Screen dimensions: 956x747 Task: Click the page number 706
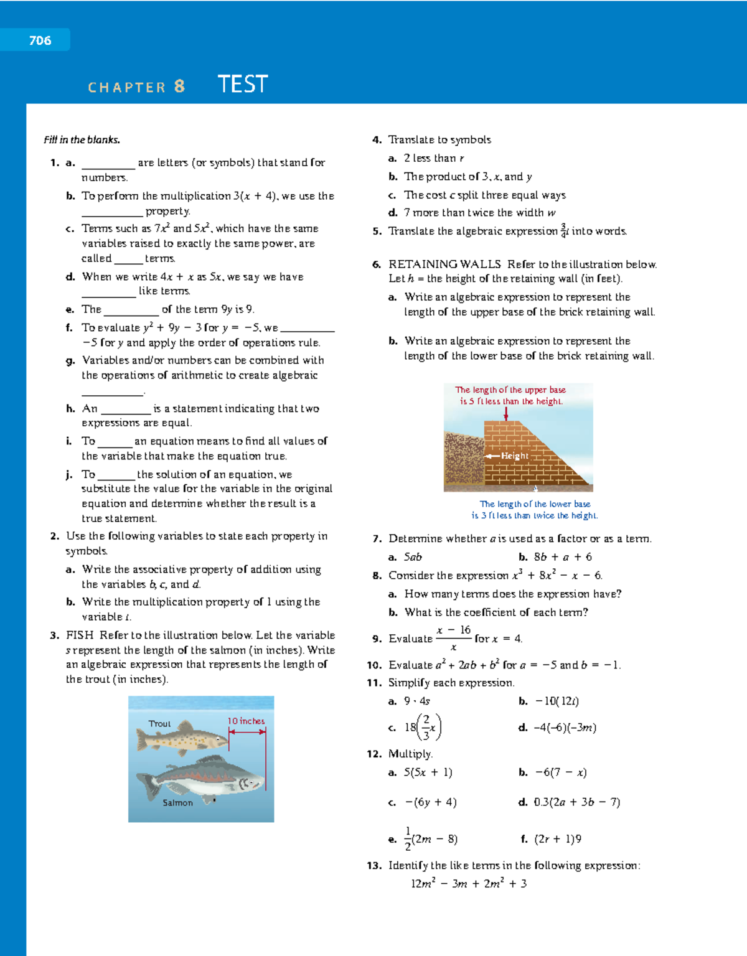40,40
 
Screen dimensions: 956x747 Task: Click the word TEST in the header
243,84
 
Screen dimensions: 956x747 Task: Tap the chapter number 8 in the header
179,86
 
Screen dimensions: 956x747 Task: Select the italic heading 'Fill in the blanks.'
82,139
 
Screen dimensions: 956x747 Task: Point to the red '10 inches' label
246,721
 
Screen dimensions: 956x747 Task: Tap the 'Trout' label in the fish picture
159,724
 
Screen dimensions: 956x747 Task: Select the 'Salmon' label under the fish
177,803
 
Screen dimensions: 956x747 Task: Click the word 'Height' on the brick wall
515,456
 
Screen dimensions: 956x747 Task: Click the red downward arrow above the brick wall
506,414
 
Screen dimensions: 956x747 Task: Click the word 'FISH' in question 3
80,635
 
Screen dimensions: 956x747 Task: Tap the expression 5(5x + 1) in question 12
428,772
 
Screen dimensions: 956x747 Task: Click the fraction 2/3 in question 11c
426,727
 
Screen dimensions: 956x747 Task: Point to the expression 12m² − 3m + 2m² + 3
469,883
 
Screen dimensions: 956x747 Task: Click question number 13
374,865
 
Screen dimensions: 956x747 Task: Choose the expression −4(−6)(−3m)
565,727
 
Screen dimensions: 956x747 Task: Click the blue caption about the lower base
535,510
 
